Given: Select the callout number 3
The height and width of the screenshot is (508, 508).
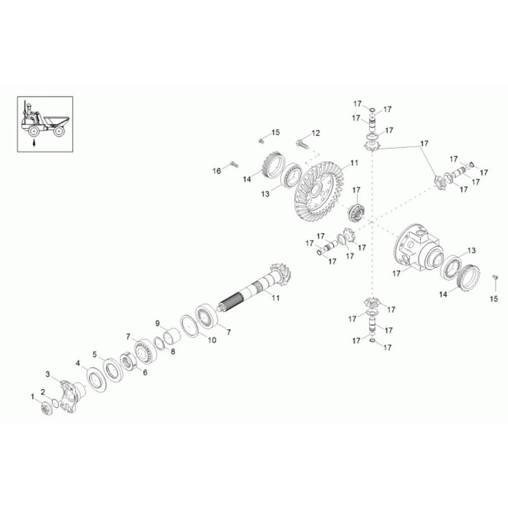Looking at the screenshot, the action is (x=48, y=374).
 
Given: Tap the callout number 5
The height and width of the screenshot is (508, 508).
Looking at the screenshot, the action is (x=94, y=354).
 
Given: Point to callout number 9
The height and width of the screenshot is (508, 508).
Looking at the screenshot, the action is (x=157, y=323).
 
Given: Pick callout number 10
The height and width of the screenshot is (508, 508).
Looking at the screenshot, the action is (x=211, y=340).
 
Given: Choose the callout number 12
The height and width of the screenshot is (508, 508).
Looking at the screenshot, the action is (x=316, y=133).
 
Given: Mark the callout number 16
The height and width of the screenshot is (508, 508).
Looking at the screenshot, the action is (x=217, y=171).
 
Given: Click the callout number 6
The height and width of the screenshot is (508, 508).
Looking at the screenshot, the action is (x=145, y=372).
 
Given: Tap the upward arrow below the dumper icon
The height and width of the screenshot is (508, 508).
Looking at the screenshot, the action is (x=34, y=143).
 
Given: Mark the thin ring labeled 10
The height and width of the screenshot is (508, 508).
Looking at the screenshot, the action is (x=189, y=326).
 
